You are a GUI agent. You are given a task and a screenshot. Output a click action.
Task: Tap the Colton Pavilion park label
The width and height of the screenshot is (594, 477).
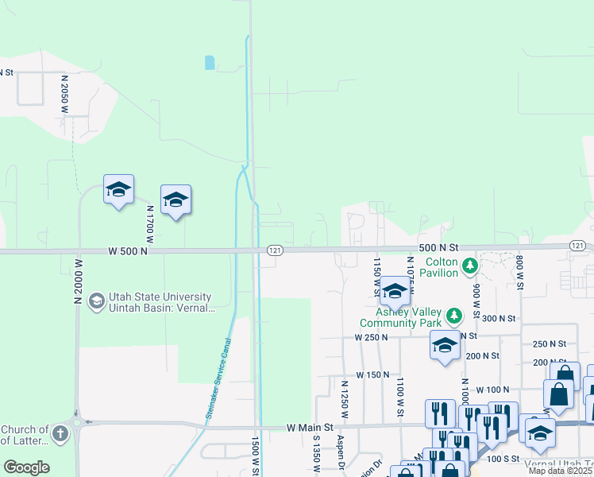442,268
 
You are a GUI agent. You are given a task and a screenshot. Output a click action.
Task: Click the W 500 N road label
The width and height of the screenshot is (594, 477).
129,250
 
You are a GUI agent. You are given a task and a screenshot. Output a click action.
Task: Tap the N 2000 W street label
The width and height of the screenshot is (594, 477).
78,281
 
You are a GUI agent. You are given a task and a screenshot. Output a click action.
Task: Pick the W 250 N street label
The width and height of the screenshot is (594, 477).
372,337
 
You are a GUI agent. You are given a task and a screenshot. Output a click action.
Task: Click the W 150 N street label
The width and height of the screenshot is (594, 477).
372,374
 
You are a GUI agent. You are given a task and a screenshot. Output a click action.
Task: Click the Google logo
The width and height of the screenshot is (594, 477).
26,467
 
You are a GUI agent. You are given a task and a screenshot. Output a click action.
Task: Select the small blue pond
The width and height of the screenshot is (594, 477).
209,62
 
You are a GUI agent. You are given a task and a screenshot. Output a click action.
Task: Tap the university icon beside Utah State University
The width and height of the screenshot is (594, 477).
96,301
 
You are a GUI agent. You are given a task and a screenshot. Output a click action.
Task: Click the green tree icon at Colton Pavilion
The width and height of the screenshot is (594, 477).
470,264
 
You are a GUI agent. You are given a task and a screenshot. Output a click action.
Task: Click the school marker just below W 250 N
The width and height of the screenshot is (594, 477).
445,346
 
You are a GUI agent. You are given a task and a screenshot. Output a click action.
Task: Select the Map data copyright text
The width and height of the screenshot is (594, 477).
561,471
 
